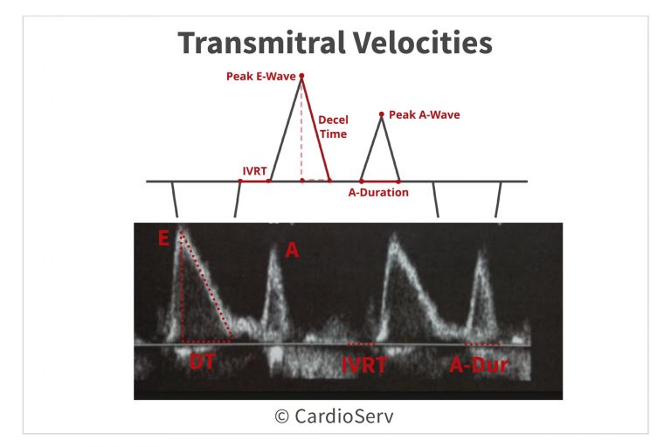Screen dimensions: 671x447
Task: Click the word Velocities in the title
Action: (x=422, y=43)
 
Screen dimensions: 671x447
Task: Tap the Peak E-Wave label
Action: (x=261, y=76)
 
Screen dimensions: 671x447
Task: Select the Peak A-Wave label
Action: (x=424, y=114)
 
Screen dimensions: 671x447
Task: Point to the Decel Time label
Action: (x=334, y=127)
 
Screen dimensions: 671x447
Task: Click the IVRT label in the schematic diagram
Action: (x=254, y=171)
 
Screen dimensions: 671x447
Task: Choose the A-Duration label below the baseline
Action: (x=378, y=192)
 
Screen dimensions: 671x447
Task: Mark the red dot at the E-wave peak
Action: (x=301, y=76)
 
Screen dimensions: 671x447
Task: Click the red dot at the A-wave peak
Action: (x=381, y=114)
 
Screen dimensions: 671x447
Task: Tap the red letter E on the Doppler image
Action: (x=163, y=237)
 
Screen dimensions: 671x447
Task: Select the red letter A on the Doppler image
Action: (x=292, y=250)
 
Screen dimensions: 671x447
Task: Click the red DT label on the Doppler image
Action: (x=202, y=361)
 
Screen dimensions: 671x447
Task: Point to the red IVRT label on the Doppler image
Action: (x=364, y=365)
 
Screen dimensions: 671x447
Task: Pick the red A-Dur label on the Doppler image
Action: (x=479, y=365)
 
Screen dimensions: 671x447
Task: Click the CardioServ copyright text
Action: (x=334, y=416)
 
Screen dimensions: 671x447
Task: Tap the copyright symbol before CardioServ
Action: (x=281, y=416)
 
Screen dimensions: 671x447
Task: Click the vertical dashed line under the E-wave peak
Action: (x=301, y=128)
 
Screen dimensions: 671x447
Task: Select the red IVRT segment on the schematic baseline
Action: (x=254, y=181)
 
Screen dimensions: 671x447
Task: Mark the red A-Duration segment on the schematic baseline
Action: (x=380, y=182)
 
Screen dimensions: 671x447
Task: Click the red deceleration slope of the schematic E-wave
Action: (x=315, y=128)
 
